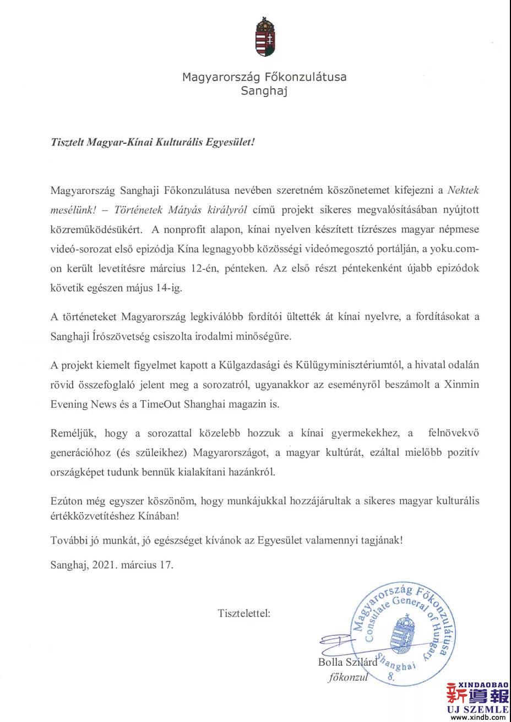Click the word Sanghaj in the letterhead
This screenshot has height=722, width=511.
pyautogui.click(x=264, y=91)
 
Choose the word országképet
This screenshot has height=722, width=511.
pyautogui.click(x=75, y=473)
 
